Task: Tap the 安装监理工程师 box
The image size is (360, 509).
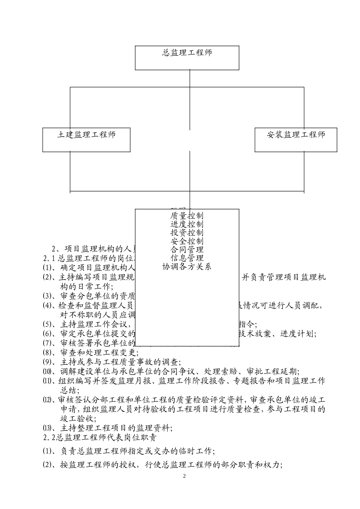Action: (x=296, y=135)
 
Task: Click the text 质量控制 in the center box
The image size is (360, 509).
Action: (x=187, y=216)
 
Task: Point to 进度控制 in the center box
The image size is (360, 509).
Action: (x=187, y=224)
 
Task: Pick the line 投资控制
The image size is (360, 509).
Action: (x=187, y=233)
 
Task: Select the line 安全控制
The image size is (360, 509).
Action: (x=187, y=241)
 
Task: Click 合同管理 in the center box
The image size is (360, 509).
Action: (x=187, y=250)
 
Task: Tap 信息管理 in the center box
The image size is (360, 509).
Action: (x=187, y=258)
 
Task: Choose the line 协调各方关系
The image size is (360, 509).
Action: (x=187, y=267)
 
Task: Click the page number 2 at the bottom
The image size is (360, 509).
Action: (x=185, y=476)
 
